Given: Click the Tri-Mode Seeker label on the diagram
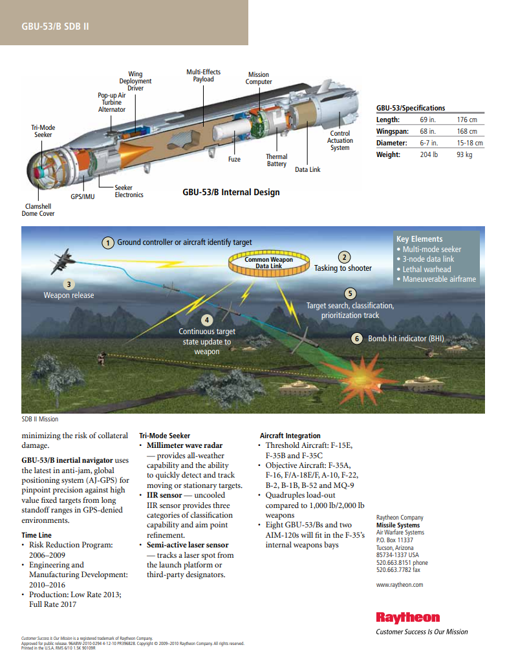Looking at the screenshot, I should pyautogui.click(x=43, y=131).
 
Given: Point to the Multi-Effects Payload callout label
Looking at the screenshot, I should pyautogui.click(x=203, y=76).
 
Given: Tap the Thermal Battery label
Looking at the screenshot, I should pyautogui.click(x=277, y=160).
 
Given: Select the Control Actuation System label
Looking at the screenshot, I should pyautogui.click(x=340, y=140).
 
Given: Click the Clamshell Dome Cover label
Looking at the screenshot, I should pyautogui.click(x=38, y=209).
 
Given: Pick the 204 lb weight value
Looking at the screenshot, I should pyautogui.click(x=429, y=154).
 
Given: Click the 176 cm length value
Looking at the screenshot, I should pyautogui.click(x=467, y=120).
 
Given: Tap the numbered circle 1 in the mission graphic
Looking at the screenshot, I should pyautogui.click(x=109, y=242).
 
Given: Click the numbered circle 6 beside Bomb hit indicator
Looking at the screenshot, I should pyautogui.click(x=357, y=338).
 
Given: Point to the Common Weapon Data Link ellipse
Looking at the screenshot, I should pyautogui.click(x=268, y=262).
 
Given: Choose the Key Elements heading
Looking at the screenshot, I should pyautogui.click(x=419, y=238).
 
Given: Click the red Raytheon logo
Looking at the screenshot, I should pyautogui.click(x=407, y=617).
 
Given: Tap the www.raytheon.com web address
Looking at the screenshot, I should pyautogui.click(x=399, y=584).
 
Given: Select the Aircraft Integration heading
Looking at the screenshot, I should pyautogui.click(x=290, y=436).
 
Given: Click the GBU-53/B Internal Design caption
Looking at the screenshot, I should pyautogui.click(x=231, y=192).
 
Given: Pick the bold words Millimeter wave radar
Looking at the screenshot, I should pyautogui.click(x=184, y=445).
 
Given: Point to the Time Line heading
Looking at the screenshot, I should pyautogui.click(x=36, y=535).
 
